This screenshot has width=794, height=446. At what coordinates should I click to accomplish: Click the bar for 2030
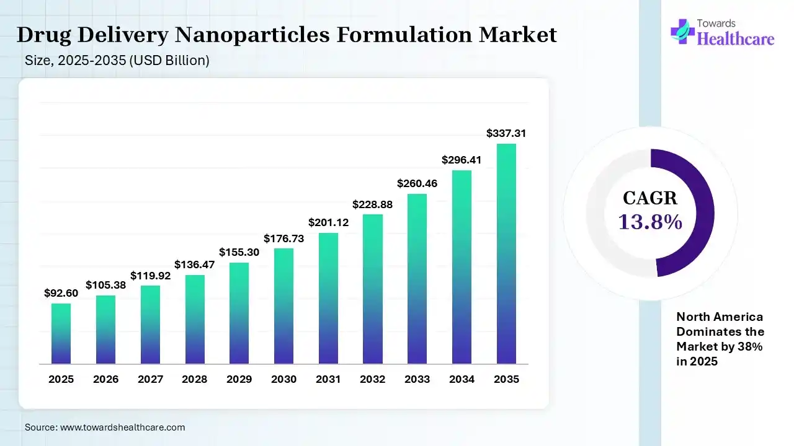pyautogui.click(x=283, y=306)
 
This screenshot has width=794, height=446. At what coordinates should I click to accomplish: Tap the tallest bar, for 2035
pyautogui.click(x=506, y=253)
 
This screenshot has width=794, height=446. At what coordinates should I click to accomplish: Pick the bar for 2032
pyautogui.click(x=373, y=289)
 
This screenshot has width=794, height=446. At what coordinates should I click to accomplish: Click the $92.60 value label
pyautogui.click(x=61, y=293)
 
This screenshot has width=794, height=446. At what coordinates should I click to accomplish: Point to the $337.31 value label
pyautogui.click(x=506, y=133)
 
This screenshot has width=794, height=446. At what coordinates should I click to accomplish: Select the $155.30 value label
pyautogui.click(x=239, y=252)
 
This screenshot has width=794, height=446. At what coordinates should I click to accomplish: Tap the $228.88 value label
pyautogui.click(x=373, y=204)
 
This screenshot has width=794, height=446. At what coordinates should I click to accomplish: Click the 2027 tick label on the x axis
pyautogui.click(x=150, y=379)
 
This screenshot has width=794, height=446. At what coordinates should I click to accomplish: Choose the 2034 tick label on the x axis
pyautogui.click(x=462, y=379)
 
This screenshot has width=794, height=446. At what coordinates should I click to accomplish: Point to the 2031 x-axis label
pyautogui.click(x=328, y=379)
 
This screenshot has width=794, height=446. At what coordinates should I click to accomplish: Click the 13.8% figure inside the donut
pyautogui.click(x=650, y=221)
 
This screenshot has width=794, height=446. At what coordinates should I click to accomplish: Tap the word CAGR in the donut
pyautogui.click(x=650, y=198)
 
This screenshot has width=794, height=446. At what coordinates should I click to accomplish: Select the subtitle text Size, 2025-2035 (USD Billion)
pyautogui.click(x=117, y=61)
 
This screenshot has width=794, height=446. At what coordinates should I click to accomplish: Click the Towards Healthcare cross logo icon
pyautogui.click(x=682, y=31)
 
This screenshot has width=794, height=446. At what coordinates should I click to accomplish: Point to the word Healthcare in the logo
pyautogui.click(x=736, y=39)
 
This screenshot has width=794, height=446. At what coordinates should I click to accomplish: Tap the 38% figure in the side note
pyautogui.click(x=751, y=347)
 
